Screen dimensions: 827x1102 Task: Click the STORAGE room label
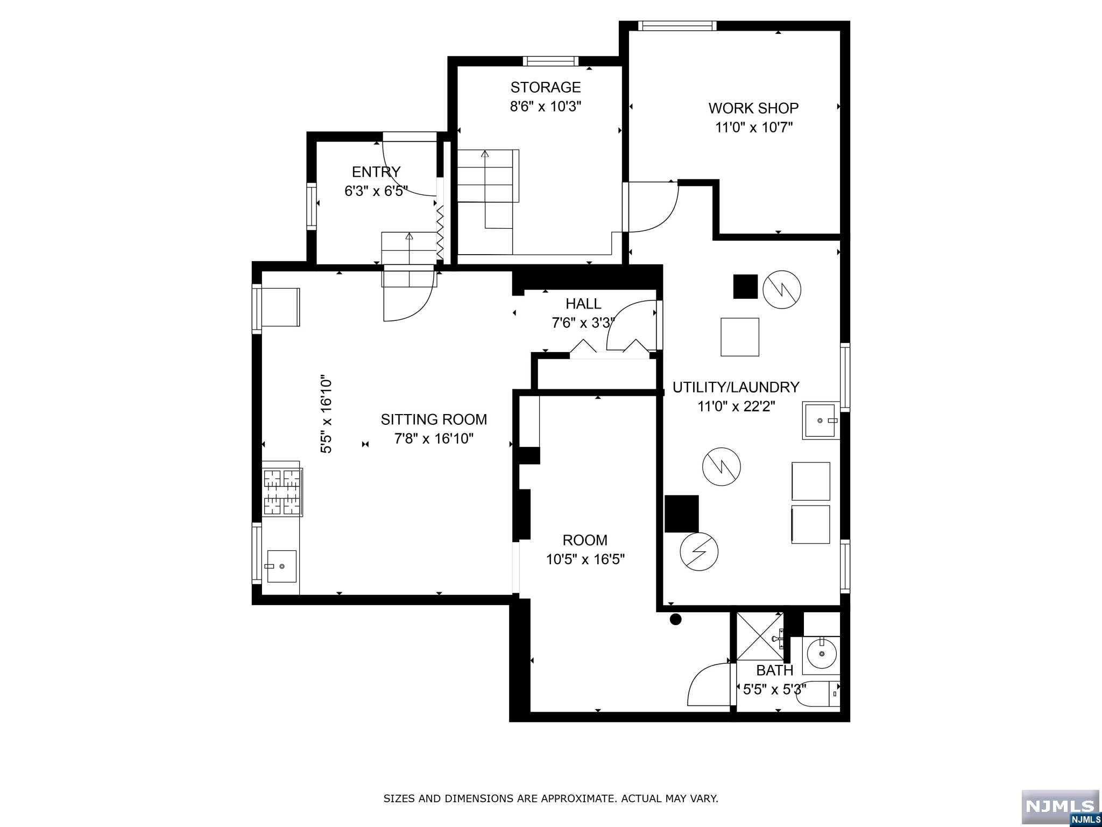(545, 87)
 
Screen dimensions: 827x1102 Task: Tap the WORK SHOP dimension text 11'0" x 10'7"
(753, 128)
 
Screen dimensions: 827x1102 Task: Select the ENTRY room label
(376, 172)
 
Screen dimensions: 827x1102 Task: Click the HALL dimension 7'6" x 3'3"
(583, 323)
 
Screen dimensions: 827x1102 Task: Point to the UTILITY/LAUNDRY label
(736, 387)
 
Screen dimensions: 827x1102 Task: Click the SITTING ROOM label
(434, 419)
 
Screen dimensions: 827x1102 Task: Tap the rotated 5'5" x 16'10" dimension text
(327, 414)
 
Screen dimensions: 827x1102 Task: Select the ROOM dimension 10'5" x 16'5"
(585, 559)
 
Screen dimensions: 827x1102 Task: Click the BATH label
(774, 670)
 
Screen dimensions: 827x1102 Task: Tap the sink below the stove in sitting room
(281, 566)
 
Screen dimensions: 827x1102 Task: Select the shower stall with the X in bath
(760, 636)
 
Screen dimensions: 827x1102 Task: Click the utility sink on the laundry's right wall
(820, 420)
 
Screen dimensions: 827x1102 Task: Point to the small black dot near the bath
(675, 620)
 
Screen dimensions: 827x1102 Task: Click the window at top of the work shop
(677, 25)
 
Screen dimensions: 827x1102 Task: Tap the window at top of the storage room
(550, 61)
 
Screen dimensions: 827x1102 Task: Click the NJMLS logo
(1060, 806)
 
